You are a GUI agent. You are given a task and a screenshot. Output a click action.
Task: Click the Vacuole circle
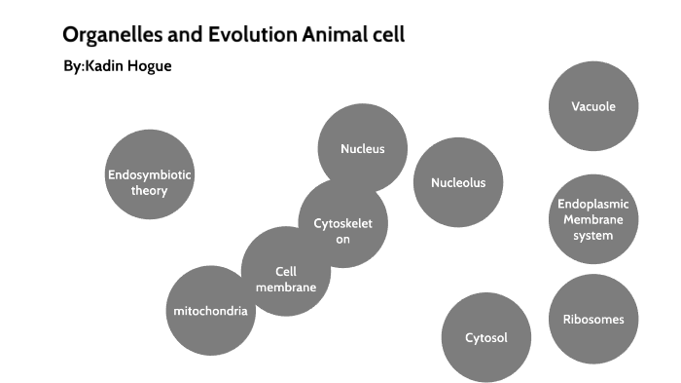click(x=592, y=106)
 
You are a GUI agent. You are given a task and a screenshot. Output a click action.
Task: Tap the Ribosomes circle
click(x=592, y=319)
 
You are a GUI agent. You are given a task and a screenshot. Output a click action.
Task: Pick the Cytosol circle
click(x=485, y=337)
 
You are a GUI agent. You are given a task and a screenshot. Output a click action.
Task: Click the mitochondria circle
click(x=210, y=311)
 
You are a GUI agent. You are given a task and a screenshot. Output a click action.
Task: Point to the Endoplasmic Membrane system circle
click(x=592, y=219)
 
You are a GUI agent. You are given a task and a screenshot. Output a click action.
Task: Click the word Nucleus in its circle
click(x=362, y=149)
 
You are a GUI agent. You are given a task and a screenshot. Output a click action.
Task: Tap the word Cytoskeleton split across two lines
click(x=342, y=231)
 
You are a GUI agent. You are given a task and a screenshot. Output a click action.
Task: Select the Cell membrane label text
click(x=285, y=279)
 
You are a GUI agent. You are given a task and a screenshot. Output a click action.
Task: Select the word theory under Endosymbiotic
click(x=150, y=190)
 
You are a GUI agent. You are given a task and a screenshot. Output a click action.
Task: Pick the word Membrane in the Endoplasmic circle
click(x=592, y=219)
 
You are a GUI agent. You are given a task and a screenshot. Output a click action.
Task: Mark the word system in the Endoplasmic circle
click(x=592, y=235)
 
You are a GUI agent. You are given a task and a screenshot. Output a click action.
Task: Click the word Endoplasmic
click(x=592, y=204)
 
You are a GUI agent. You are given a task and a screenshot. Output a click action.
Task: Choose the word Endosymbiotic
click(x=150, y=174)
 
